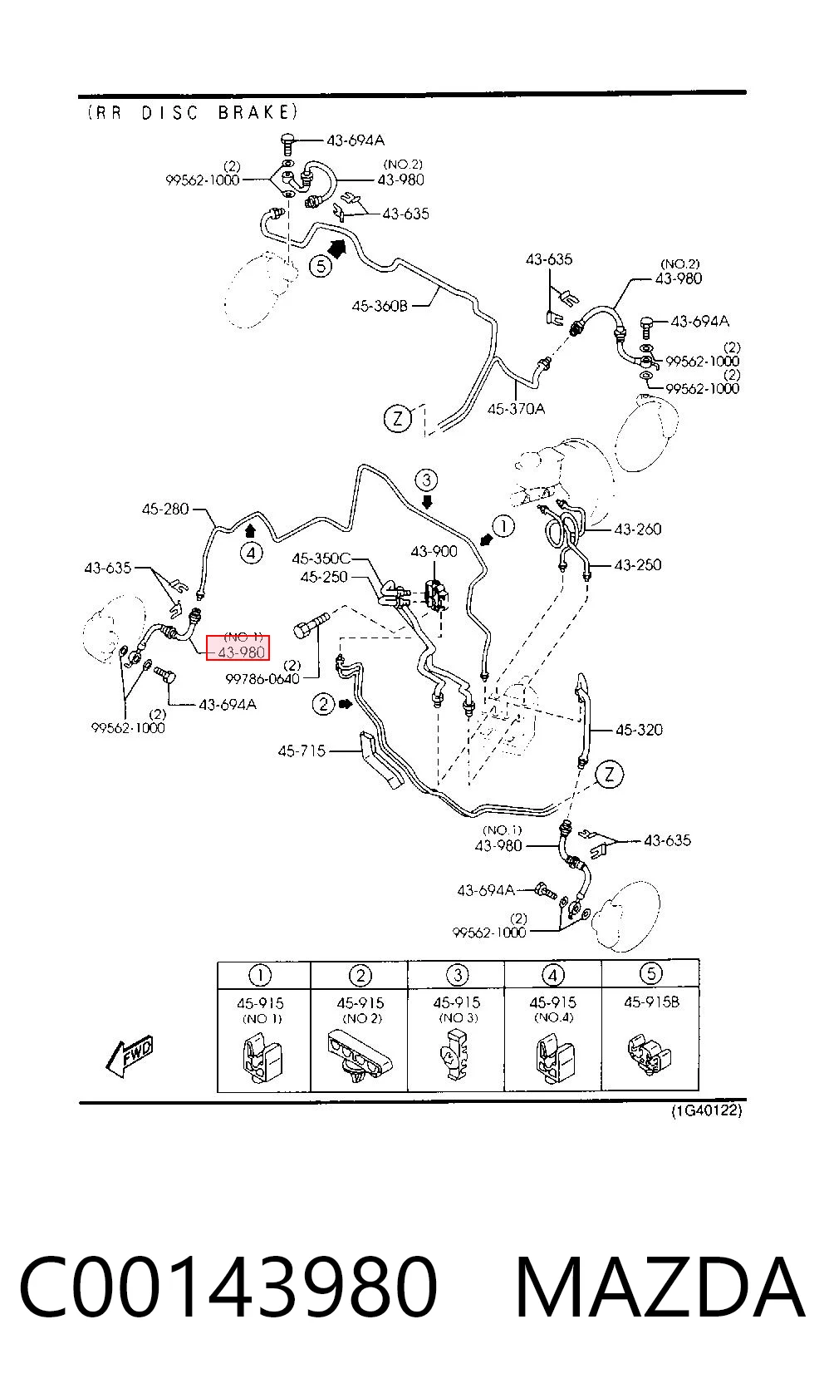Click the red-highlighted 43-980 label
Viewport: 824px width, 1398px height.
pyautogui.click(x=242, y=652)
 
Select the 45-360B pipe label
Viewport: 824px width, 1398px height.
pyautogui.click(x=380, y=306)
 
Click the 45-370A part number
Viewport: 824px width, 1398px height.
pyautogui.click(x=516, y=409)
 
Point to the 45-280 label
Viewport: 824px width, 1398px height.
pyautogui.click(x=165, y=509)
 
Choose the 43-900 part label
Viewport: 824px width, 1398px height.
pyautogui.click(x=434, y=552)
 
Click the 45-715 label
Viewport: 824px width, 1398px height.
pyautogui.click(x=302, y=751)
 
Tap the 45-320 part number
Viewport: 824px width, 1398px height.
pyautogui.click(x=639, y=730)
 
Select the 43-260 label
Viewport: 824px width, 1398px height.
pyautogui.click(x=637, y=529)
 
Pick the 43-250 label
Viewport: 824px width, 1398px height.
pyautogui.click(x=637, y=565)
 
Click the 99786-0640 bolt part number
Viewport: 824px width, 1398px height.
pyautogui.click(x=262, y=679)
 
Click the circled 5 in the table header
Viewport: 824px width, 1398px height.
pyautogui.click(x=650, y=973)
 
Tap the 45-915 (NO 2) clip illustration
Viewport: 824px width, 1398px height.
pyautogui.click(x=359, y=1056)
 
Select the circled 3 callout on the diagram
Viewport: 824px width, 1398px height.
pyautogui.click(x=426, y=480)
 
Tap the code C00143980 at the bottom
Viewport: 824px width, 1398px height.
pyautogui.click(x=228, y=1287)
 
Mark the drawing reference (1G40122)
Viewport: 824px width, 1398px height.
pyautogui.click(x=707, y=1110)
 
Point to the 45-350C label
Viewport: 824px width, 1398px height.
pyautogui.click(x=321, y=558)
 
